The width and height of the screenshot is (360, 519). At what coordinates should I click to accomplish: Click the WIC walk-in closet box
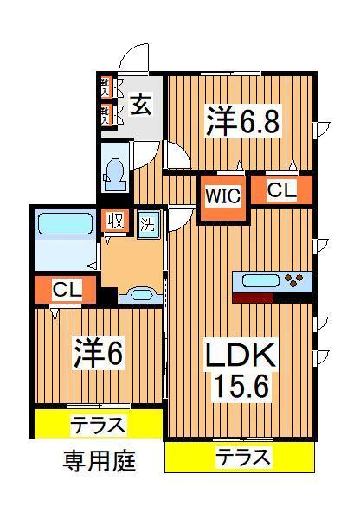tap(222, 195)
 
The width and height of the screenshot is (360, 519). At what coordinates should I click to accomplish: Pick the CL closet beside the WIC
tap(280, 190)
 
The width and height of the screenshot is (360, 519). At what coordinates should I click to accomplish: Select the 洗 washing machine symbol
tap(148, 221)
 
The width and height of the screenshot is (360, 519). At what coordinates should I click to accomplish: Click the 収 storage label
tap(115, 221)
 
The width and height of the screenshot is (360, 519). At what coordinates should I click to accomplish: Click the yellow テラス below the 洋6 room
tap(98, 425)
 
